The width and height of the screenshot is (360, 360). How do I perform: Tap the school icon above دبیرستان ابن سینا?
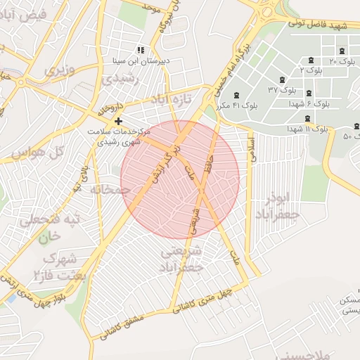tap(141, 50)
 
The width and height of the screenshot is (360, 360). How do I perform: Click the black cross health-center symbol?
tap(117, 121)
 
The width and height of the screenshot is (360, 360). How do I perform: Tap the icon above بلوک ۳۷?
tap(283, 79)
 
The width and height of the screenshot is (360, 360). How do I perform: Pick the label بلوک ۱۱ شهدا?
tap(308, 129)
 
